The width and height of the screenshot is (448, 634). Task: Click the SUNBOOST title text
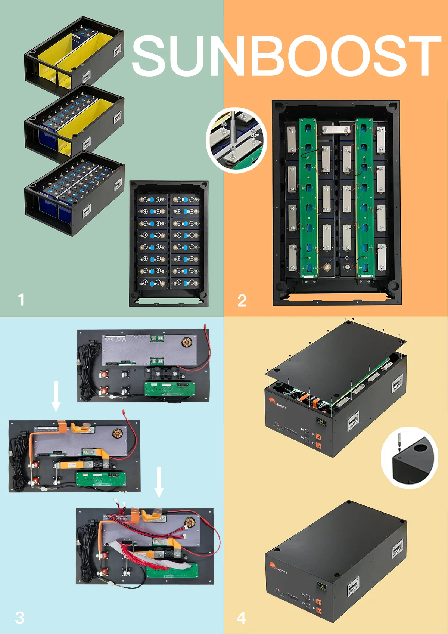coord(286,56)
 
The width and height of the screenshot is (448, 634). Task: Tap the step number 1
coord(21,300)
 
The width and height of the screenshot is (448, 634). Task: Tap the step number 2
coord(242,301)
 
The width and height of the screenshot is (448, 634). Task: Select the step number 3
coord(19,618)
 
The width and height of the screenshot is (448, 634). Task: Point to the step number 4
coord(242,618)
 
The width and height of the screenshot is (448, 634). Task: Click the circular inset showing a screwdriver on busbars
coord(236,140)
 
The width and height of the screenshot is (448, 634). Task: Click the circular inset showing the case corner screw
coord(410,458)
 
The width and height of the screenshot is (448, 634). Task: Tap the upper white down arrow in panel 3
coord(56,396)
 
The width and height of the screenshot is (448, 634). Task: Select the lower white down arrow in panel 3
coord(159,482)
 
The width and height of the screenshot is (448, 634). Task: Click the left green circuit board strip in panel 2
coord(309,198)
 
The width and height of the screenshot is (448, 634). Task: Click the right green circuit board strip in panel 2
coord(364,198)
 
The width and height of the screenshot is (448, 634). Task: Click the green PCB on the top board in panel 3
coord(169,389)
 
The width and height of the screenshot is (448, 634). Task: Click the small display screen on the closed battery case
coord(321,587)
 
